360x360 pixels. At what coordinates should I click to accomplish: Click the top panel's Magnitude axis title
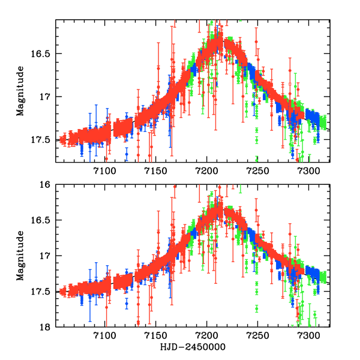tap(20, 91)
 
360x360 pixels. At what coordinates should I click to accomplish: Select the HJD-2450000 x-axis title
tap(193, 348)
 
